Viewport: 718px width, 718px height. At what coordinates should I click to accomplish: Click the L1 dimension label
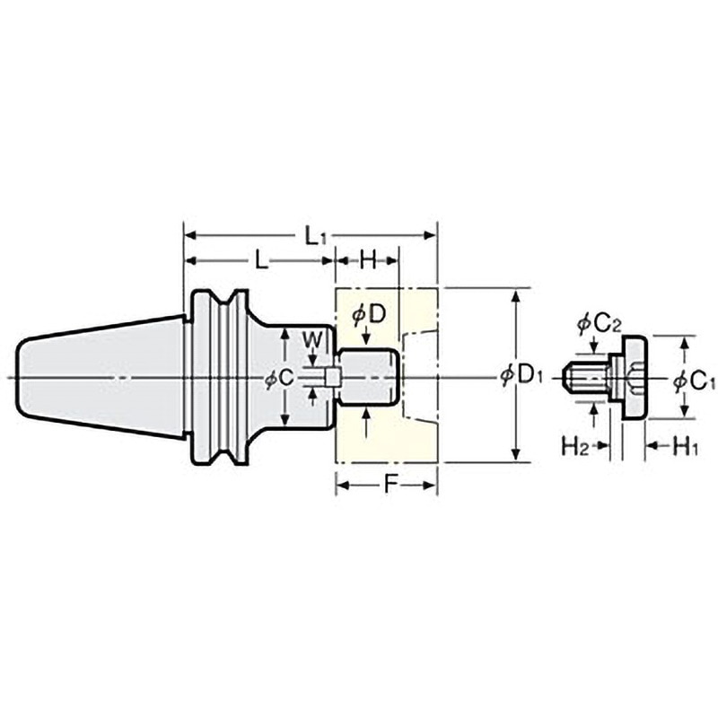[315, 237]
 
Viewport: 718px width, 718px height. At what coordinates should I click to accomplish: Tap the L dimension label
[261, 261]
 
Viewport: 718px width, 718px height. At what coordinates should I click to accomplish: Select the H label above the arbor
[368, 260]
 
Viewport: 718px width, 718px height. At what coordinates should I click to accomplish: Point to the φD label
[369, 316]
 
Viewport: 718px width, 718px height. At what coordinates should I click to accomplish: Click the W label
[313, 340]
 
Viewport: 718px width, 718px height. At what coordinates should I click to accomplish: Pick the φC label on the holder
[280, 378]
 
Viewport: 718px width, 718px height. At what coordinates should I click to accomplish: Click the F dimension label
[390, 485]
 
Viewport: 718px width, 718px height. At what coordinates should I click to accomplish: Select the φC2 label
[599, 325]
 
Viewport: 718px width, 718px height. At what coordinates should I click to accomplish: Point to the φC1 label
[694, 381]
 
